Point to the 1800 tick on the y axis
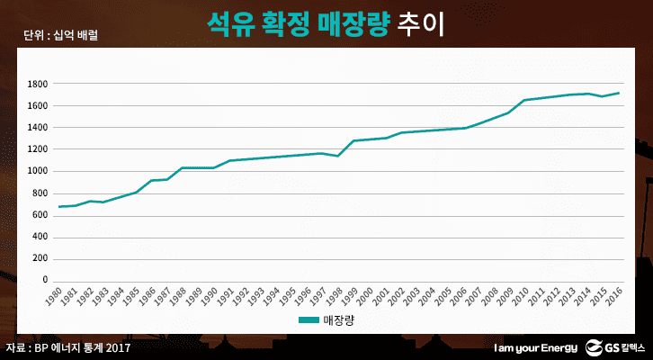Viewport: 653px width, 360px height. pos(37,84)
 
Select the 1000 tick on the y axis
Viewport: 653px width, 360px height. pos(37,171)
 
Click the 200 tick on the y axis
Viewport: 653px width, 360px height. pos(40,258)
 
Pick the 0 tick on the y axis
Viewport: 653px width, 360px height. pos(44,280)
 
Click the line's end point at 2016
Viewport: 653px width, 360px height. pos(619,93)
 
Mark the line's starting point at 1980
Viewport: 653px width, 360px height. pos(59,207)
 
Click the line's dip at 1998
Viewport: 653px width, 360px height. pos(338,156)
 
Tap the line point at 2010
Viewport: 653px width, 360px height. pos(524,100)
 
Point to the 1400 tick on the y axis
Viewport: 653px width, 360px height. pos(37,128)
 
